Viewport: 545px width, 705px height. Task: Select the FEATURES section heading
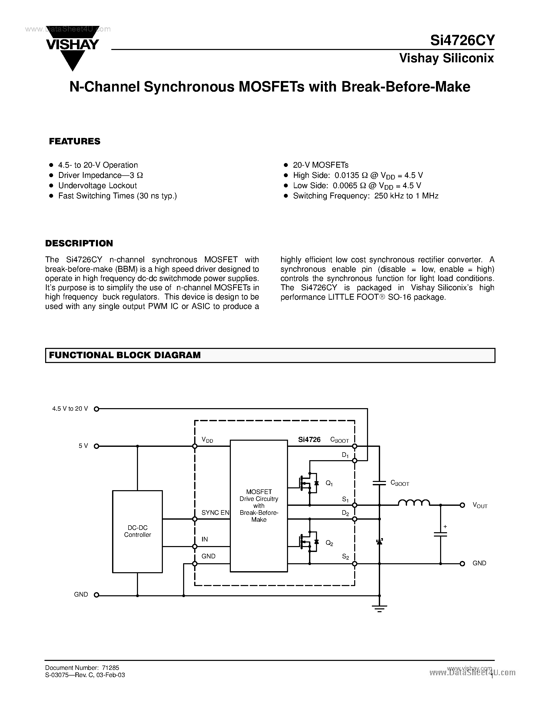click(x=75, y=142)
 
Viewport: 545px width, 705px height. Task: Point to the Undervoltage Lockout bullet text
click(x=97, y=186)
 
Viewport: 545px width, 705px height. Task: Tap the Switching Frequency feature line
click(x=365, y=196)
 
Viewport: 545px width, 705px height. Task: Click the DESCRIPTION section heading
click(x=79, y=243)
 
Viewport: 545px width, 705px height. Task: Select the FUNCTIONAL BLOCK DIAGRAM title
click(x=125, y=355)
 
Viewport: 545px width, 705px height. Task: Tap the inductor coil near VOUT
click(x=414, y=503)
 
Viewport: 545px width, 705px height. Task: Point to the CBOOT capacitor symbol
click(x=379, y=483)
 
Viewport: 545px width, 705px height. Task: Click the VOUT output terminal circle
click(x=462, y=505)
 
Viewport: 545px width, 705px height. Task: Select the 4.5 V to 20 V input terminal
click(x=96, y=409)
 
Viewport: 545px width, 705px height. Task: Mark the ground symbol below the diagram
click(x=379, y=609)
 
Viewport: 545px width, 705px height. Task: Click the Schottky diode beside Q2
click(x=379, y=542)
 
